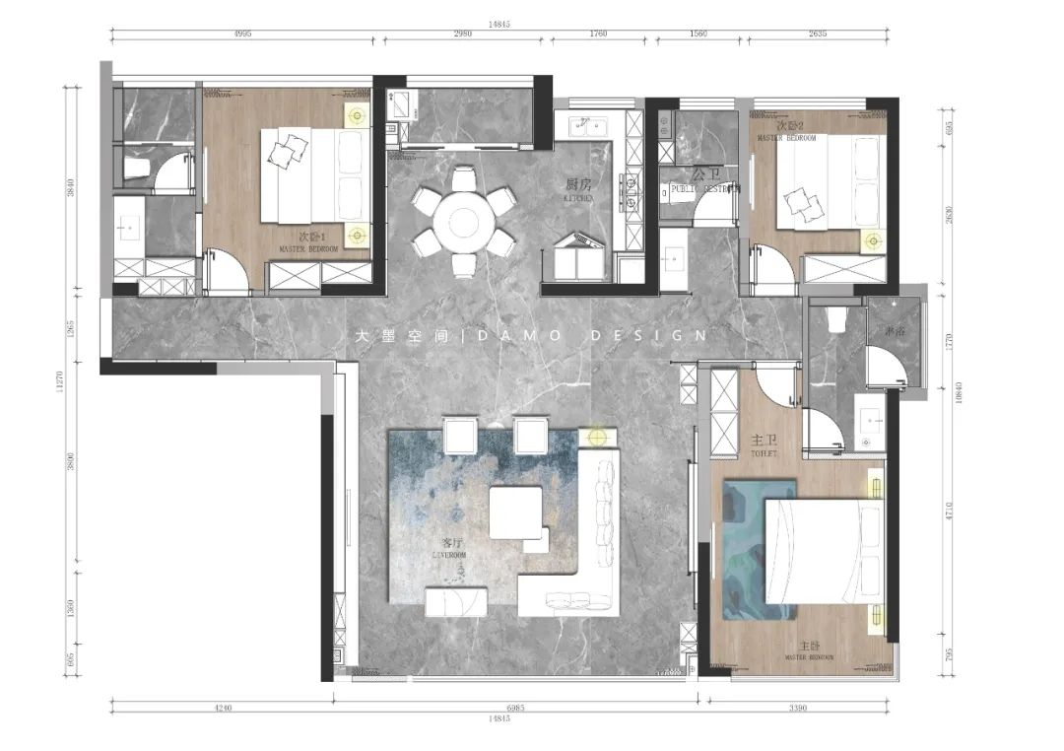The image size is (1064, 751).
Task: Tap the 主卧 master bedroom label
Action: coord(809,647)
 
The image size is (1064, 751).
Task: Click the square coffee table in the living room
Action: coord(516,512)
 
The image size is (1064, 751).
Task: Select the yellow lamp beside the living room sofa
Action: coord(596,436)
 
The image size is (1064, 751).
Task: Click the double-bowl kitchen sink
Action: coord(587,126)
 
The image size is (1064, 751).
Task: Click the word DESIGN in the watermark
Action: coord(648,336)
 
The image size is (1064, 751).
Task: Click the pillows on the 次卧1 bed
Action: coord(287,151)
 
